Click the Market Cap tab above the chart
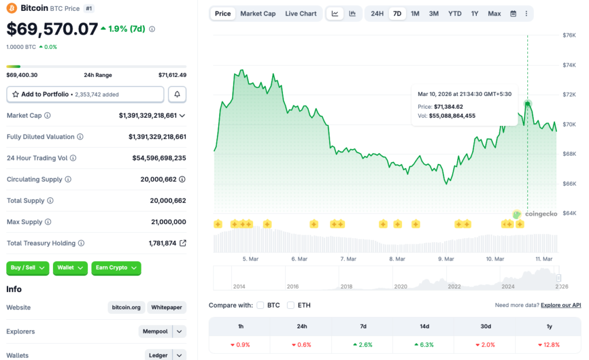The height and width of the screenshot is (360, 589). pos(258,14)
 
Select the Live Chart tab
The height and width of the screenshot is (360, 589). pos(301,14)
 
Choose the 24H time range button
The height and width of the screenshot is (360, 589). pos(377,14)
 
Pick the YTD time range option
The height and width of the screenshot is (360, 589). pos(454,14)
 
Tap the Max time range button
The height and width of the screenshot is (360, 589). pos(494,14)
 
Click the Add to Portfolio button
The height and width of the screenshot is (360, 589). pos(85,94)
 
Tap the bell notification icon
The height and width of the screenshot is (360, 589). pos(177,94)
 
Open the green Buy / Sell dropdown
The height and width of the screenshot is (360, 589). pos(28,268)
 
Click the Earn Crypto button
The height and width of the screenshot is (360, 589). pos(116,268)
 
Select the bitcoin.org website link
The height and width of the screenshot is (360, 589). pos(126,308)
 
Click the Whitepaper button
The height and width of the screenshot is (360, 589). pos(167,308)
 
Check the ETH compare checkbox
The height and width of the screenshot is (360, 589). pos(291,305)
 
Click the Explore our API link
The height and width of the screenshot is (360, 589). pos(561,305)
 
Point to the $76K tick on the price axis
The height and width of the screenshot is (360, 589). pos(569,35)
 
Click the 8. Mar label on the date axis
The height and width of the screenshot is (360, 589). pos(397,259)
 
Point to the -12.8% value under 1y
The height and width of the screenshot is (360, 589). pos(548,345)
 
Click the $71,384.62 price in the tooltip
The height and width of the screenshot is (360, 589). pos(449,106)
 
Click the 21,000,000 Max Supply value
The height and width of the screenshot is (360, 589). pos(167,222)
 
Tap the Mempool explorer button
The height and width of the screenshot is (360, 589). pos(156,332)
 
